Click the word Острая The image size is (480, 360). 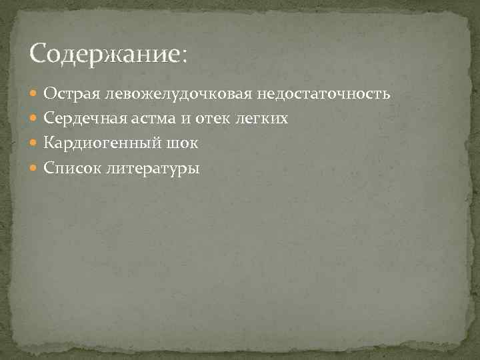(x=71, y=94)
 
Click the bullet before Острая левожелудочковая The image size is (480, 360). (x=35, y=95)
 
